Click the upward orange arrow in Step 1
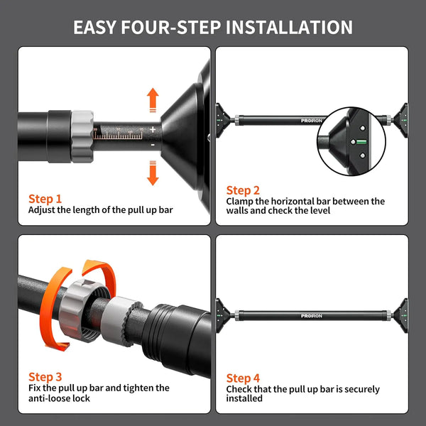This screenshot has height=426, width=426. coord(153,100)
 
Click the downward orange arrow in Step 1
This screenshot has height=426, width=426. coord(153,173)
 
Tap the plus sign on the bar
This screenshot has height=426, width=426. coord(153,130)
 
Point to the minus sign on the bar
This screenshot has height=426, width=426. coord(153,145)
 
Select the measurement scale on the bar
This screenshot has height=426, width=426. coord(118,133)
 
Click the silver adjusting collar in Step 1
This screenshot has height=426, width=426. coord(82,136)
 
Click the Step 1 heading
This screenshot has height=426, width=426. coord(45,199)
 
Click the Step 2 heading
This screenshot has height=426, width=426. coord(243,190)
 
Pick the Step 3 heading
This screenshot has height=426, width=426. coord(45,377)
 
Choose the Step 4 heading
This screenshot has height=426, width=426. coord(243,378)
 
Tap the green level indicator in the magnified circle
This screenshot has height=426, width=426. coord(361,141)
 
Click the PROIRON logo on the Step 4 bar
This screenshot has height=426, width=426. coord(312,316)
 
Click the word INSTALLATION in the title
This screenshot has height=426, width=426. coord(289,28)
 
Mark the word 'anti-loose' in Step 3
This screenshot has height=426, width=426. coord(45,398)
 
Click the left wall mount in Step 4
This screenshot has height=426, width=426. coord(223,316)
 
